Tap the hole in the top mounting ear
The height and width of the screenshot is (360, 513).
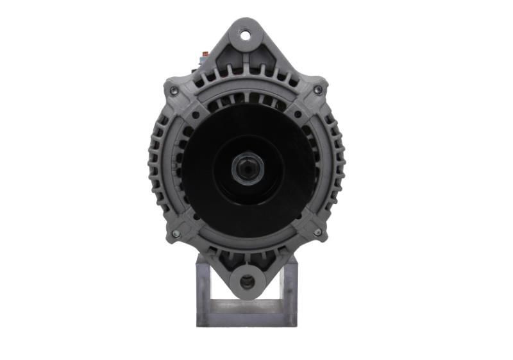coord(246,35)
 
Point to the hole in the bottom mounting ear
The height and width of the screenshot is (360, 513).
coord(247,282)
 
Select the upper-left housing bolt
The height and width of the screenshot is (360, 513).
coord(174,91)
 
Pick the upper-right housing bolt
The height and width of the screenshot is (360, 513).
coord(318,90)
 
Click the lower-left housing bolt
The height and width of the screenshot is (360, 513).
coord(176,234)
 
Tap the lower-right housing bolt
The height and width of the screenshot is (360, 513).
coord(317,232)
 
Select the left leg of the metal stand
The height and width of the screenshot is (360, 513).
coord(204,289)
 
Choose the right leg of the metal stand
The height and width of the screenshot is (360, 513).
coord(289,289)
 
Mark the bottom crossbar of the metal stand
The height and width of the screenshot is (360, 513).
coord(246,318)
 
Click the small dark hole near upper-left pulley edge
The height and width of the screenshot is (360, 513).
coord(195,116)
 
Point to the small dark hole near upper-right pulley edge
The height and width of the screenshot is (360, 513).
coord(298,115)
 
